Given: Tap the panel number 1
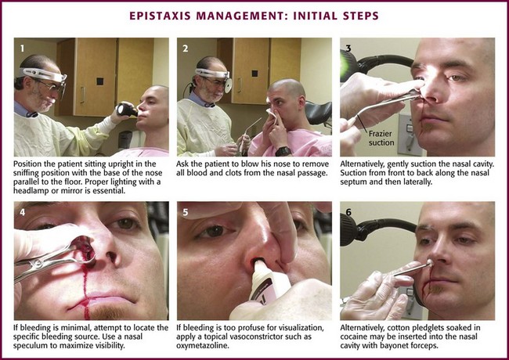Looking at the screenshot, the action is [x=22, y=49].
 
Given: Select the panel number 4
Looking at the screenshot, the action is [x=22, y=212].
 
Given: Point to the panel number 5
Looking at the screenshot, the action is [x=186, y=212].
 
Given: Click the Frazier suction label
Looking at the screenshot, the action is [x=381, y=138].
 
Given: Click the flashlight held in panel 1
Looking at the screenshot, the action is [x=127, y=110].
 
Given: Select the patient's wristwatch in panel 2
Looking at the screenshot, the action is [x=283, y=151].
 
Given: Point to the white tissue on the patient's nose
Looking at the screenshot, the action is [x=272, y=115].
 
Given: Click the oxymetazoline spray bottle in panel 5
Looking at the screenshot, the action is [x=269, y=280].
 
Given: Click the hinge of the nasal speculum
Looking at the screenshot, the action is [x=38, y=263].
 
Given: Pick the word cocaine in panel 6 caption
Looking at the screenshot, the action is [x=353, y=337].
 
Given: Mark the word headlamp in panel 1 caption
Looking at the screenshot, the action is [x=30, y=190].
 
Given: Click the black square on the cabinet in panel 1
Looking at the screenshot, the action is [x=100, y=81].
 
